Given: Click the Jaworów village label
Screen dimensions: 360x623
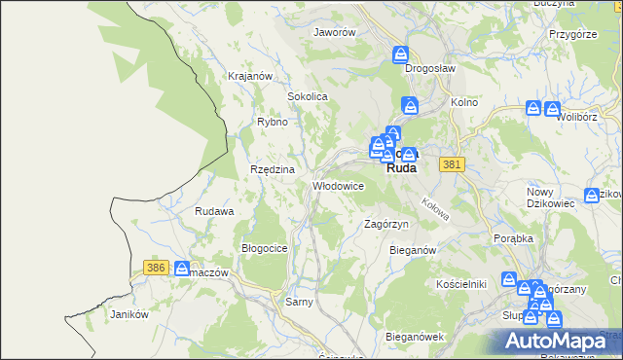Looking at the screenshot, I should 334,31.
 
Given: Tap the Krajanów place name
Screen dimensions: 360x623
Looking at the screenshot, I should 248,76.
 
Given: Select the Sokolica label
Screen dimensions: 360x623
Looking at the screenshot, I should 307,97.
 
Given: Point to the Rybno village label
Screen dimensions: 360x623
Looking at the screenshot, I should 272,122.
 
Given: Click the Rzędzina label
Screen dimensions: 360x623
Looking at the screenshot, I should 273,169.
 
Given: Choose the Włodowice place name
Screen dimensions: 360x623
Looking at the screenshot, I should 338,186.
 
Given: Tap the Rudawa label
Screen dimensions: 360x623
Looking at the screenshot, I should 214,211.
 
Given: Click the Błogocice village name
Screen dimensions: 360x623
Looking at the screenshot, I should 264,248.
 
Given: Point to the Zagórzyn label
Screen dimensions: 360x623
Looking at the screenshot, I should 385,224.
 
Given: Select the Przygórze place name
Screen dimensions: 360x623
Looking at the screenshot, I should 572,33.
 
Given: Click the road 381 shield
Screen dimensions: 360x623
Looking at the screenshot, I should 450,165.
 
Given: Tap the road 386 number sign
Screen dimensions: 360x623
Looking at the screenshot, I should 155,267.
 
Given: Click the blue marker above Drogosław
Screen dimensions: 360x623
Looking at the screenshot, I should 400,55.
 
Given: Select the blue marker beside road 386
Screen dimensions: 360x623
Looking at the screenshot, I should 182,268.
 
